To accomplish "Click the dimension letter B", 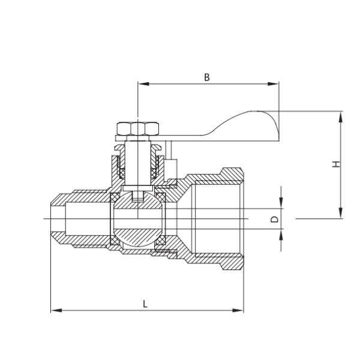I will pyautogui.click(x=207, y=77).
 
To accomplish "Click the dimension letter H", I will pyautogui.click(x=337, y=164).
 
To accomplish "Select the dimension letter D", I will pyautogui.click(x=274, y=220).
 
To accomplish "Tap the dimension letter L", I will pyautogui.click(x=145, y=304).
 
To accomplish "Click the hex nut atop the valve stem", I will pyautogui.click(x=137, y=129).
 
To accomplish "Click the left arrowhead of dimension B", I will pyautogui.click(x=142, y=84).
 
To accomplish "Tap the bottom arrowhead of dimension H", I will pyautogui.click(x=341, y=215).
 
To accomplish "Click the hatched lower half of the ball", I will pyautogui.click(x=137, y=238).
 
